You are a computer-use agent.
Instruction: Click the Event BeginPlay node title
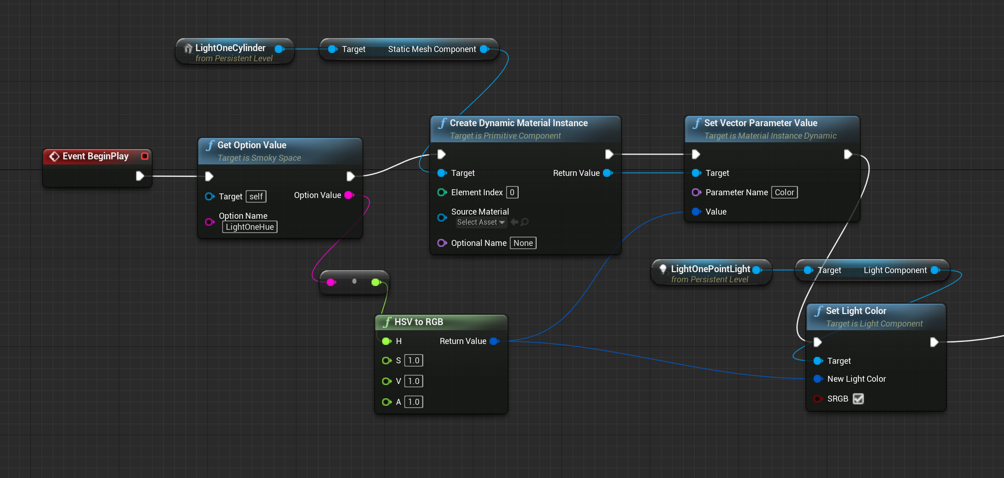pos(95,156)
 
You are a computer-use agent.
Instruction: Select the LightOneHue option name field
pos(249,227)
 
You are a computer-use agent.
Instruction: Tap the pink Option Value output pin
pos(349,195)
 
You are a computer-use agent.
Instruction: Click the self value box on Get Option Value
pos(256,196)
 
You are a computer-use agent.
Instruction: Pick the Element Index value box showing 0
pos(512,192)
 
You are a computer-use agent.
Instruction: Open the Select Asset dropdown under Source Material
pos(481,222)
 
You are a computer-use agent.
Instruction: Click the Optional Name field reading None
pos(523,243)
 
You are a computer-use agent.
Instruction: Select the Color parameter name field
pos(784,192)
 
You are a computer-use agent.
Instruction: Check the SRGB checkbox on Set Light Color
pos(858,399)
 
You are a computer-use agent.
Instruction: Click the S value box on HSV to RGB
pos(413,361)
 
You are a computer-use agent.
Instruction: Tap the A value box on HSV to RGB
pos(413,402)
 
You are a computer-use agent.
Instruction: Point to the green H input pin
pos(387,341)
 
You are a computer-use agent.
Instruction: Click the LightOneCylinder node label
pos(230,48)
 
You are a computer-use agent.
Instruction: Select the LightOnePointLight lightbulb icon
pos(663,269)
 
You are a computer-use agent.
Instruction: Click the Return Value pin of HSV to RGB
pos(494,341)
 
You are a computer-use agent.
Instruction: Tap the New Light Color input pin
pos(818,379)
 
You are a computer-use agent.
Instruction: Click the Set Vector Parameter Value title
pos(760,123)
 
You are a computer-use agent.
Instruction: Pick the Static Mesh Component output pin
pos(484,49)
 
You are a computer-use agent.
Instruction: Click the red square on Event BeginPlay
pos(144,156)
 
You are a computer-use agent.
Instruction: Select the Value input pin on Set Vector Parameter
pos(696,212)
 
